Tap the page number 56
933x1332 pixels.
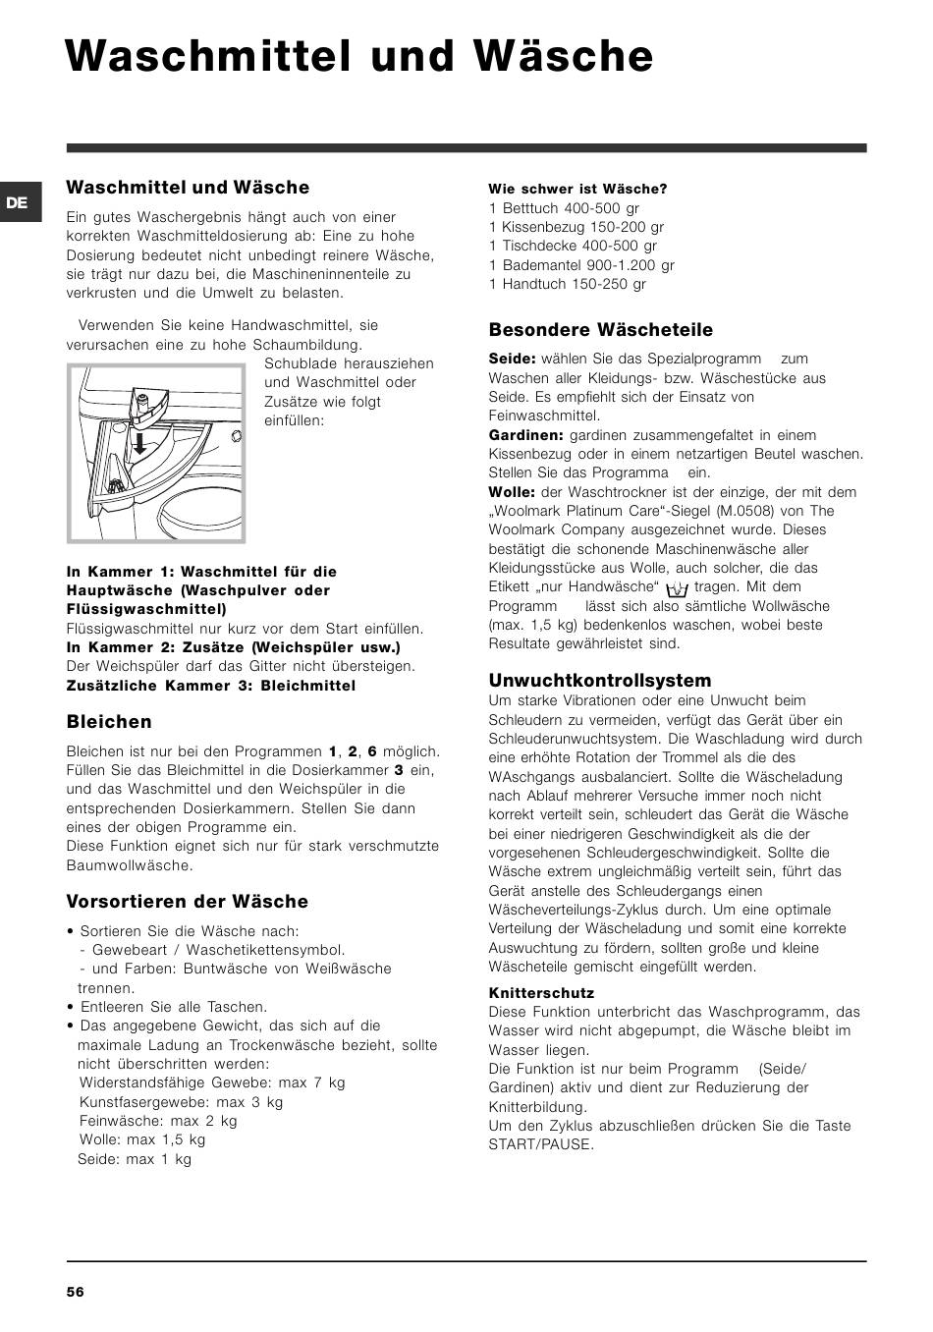76,1292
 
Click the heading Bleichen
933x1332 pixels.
109,722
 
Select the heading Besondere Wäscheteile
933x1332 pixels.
600,330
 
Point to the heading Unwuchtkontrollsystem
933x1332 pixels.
599,680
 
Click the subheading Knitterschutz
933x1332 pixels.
541,993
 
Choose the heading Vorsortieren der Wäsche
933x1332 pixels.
187,902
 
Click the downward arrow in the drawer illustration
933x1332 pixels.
140,443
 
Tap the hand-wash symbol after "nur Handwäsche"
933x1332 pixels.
676,589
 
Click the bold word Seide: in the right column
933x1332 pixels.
512,360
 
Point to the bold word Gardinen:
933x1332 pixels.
525,435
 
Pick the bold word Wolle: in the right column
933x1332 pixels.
512,492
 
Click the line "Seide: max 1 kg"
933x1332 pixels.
135,1159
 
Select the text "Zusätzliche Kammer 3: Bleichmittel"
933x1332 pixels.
211,686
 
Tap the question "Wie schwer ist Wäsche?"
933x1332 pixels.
577,189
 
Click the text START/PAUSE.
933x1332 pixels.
541,1144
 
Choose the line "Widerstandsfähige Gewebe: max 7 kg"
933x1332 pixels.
212,1082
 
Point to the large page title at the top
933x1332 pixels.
359,57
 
